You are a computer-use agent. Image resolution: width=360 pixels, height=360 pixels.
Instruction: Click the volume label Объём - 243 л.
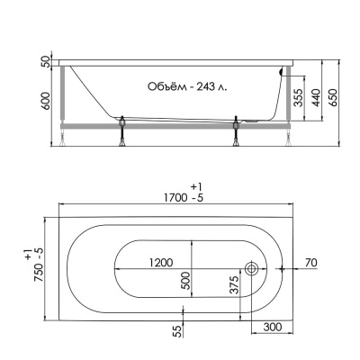click(187, 86)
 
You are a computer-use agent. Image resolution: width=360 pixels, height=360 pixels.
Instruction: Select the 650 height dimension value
click(333, 97)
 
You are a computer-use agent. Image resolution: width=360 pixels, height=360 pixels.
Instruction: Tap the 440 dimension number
click(316, 97)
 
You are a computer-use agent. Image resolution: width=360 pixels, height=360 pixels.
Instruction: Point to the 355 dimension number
click(298, 97)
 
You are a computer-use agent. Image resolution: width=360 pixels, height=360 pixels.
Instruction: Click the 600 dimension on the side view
click(45, 101)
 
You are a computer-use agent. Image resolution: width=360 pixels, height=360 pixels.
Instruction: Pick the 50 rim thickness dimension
click(45, 61)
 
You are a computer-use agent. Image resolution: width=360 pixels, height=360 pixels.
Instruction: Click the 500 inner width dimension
click(186, 281)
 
